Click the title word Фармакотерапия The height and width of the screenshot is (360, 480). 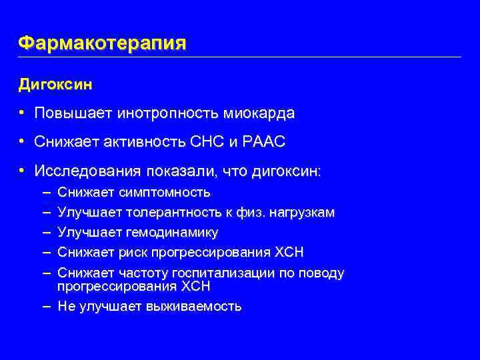102,43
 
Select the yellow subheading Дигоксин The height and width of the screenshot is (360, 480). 55,85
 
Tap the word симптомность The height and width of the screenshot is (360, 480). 165,193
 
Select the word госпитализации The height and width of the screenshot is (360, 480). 225,273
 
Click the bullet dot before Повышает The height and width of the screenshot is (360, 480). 22,114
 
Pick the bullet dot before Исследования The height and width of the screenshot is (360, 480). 22,172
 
